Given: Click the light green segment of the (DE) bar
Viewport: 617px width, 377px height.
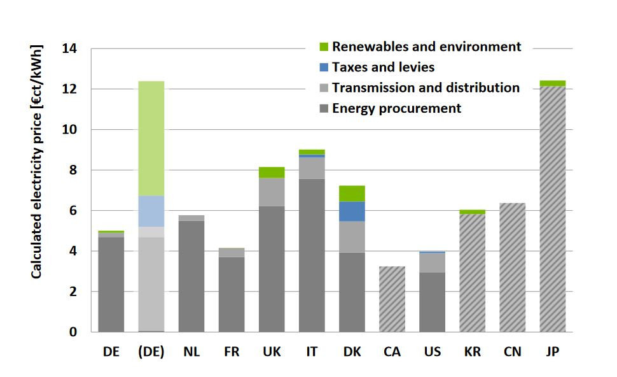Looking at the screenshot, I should [x=151, y=138].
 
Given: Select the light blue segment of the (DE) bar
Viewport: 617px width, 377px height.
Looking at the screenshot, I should [x=151, y=211].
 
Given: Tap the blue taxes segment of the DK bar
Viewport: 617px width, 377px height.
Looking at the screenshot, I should [x=352, y=211].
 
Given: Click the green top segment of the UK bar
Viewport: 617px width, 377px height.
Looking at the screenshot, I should [x=272, y=172].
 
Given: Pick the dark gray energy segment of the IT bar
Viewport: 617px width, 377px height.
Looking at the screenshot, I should [x=312, y=255].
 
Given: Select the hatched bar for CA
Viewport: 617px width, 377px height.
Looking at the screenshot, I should [x=392, y=299].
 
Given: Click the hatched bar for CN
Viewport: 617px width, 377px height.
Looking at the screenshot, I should [x=512, y=267].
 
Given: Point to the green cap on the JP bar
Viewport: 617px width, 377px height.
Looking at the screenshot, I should [x=552, y=83].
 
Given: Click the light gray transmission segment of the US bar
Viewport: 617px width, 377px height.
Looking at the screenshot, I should [x=432, y=262].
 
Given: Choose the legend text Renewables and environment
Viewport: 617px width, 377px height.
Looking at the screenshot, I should [x=426, y=46].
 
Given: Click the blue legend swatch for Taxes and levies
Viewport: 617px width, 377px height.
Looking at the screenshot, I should [x=323, y=68].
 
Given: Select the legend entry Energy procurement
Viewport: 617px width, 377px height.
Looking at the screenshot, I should [x=396, y=108].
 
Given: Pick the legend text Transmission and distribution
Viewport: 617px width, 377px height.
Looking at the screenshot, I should [x=426, y=88].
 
